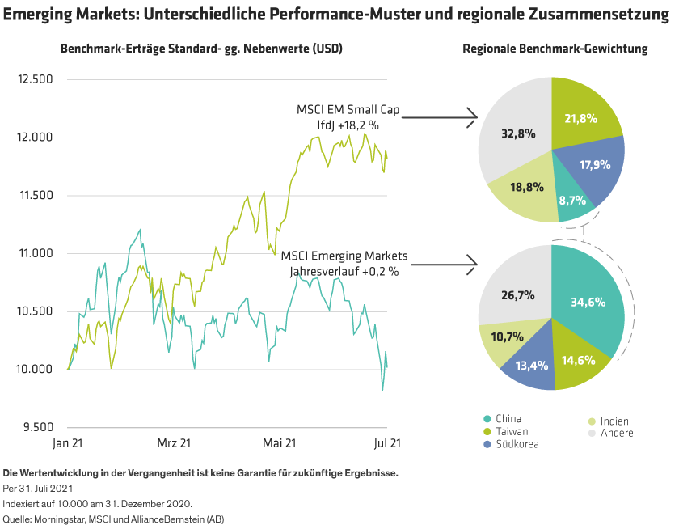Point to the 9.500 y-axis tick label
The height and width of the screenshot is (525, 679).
point(38,427)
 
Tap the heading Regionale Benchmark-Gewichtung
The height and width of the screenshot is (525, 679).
point(555,49)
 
